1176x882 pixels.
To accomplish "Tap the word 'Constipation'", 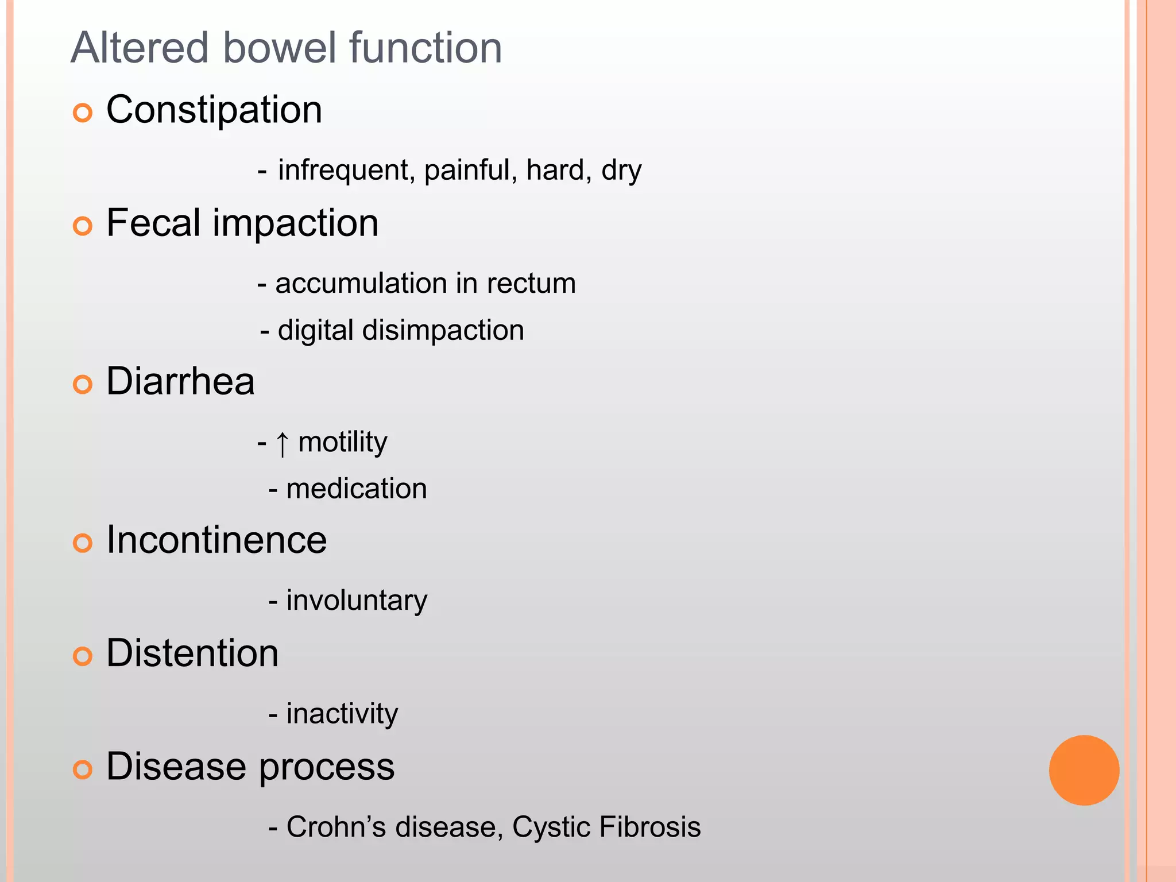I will coord(214,110).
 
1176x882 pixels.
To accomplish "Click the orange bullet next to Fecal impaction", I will coord(83,226).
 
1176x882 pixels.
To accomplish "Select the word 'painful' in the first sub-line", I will coord(466,171).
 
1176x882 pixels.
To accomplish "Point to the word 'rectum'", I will coord(531,284).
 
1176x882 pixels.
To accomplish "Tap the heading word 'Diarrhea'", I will coord(180,381).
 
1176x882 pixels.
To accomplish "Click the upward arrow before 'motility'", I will coord(282,444).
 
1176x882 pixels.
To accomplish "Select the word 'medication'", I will coord(356,489).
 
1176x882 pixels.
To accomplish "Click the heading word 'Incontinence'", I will coord(216,540).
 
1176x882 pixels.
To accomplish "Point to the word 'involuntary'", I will coord(357,601).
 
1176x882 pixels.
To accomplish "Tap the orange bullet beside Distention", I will coord(83,656).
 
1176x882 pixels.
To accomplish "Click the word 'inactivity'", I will coord(342,714).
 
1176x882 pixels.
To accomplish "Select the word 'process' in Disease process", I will coord(327,768).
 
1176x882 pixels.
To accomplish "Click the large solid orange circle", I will coord(1084,770).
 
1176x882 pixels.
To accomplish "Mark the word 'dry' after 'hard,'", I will coord(621,171).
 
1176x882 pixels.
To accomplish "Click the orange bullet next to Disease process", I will coord(83,769).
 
